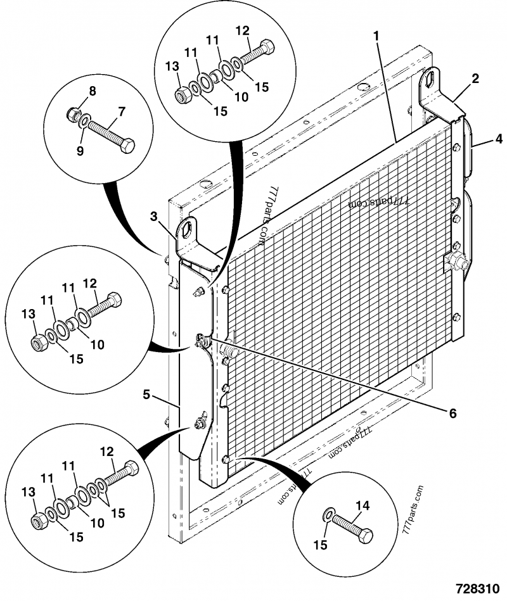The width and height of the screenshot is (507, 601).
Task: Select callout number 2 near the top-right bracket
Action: click(x=475, y=79)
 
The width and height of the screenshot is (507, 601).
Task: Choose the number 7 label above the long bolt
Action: click(x=121, y=111)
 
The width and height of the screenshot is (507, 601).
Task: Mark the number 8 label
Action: click(x=92, y=91)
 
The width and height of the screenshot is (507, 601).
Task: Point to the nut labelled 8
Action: click(x=72, y=115)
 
